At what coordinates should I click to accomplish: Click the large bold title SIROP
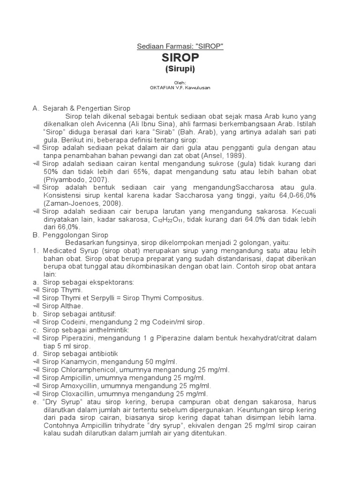180,57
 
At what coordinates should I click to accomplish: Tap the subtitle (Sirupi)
180,69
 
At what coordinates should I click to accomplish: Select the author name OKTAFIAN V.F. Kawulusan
180,88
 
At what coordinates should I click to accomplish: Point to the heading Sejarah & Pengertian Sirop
87,108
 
